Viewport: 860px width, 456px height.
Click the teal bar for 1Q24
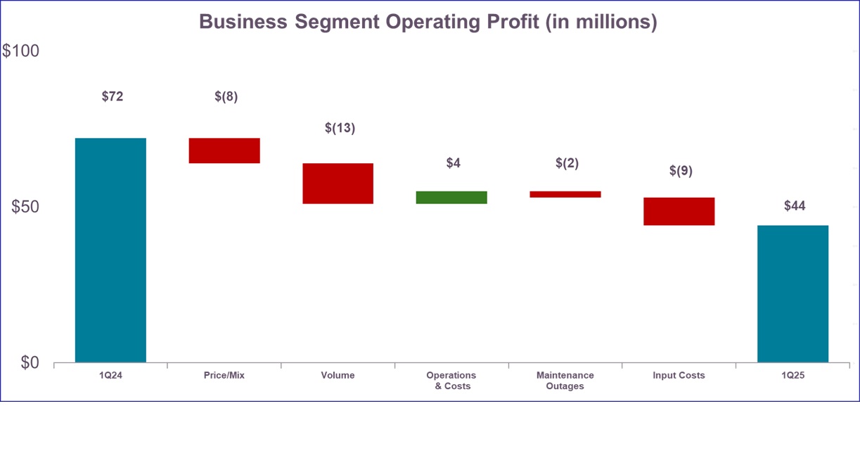110,250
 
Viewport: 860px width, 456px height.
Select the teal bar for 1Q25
792,293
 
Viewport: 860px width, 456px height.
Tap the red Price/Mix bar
224,151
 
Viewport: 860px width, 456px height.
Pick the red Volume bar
338,184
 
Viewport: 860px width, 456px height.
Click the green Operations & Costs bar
451,197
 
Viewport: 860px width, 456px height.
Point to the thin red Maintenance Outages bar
565,194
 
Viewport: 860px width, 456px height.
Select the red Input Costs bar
679,211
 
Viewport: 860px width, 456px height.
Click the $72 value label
113,96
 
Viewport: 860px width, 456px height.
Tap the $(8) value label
226,96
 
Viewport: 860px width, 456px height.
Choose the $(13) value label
340,128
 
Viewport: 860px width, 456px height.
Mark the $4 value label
454,163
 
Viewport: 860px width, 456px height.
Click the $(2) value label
567,163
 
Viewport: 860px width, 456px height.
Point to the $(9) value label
681,170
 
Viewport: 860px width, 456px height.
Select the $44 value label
795,206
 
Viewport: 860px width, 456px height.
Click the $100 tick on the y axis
21,51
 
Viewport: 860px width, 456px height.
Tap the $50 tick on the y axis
25,207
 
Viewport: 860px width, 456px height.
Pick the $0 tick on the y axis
30,362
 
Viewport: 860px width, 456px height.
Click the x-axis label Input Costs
679,376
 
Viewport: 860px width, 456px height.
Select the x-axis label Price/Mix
224,376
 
